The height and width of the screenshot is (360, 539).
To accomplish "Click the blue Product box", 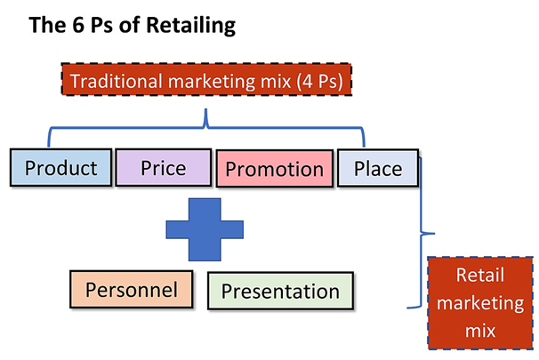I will tap(60, 167).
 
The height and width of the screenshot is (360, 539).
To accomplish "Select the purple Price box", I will tap(163, 167).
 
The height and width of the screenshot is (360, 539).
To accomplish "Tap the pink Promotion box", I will tap(272, 169).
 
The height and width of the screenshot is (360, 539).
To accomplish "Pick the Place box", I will tap(377, 167).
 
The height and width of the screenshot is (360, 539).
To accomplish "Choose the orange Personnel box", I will tap(131, 289).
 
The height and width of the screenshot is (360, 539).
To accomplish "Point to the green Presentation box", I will tap(279, 291).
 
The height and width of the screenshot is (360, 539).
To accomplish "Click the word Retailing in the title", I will tap(189, 26).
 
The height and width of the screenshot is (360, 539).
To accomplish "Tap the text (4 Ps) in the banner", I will tap(322, 81).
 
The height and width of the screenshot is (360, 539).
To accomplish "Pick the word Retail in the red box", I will tap(481, 276).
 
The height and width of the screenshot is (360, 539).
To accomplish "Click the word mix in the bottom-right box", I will tap(479, 330).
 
